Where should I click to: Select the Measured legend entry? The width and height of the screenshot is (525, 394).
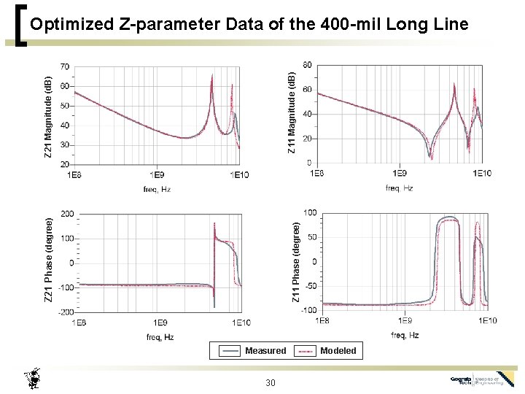[265, 351]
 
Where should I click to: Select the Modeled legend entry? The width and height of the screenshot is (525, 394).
[338, 351]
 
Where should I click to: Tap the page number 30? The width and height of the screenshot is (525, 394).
[271, 383]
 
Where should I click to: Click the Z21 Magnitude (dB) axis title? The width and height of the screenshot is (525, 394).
[48, 117]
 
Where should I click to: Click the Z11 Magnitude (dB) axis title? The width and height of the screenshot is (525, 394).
[291, 113]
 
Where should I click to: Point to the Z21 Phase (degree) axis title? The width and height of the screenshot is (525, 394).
[48, 260]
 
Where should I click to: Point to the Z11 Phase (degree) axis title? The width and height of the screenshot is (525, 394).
[296, 263]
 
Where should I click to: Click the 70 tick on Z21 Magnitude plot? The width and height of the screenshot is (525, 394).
[65, 67]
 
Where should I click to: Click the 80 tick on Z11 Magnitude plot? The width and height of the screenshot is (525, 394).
[307, 65]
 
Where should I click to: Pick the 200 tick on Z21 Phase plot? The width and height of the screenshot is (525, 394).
[67, 214]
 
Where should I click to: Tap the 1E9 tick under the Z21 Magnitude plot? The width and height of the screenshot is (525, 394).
[157, 175]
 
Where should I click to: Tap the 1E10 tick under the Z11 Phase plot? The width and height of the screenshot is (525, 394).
[487, 321]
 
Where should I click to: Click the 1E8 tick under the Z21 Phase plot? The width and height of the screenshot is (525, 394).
[79, 322]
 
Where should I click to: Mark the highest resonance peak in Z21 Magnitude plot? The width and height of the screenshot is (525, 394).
[212, 75]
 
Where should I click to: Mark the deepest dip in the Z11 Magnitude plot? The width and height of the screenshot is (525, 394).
[430, 156]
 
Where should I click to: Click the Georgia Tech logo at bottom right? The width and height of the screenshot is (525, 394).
[482, 379]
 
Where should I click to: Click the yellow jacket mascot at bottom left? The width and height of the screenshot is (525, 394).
[33, 379]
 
